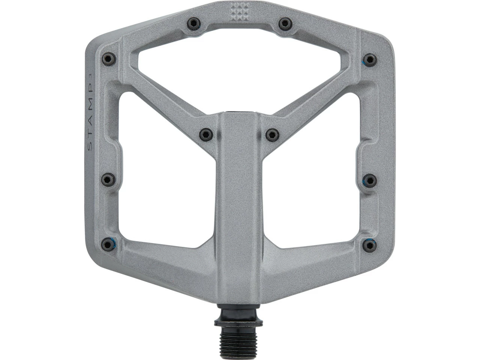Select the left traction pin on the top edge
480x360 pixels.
(x=193, y=23)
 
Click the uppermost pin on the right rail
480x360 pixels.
(x=370, y=59)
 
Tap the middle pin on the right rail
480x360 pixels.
(x=370, y=180)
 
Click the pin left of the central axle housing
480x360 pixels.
(x=205, y=133)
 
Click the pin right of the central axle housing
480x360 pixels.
(x=272, y=133)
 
